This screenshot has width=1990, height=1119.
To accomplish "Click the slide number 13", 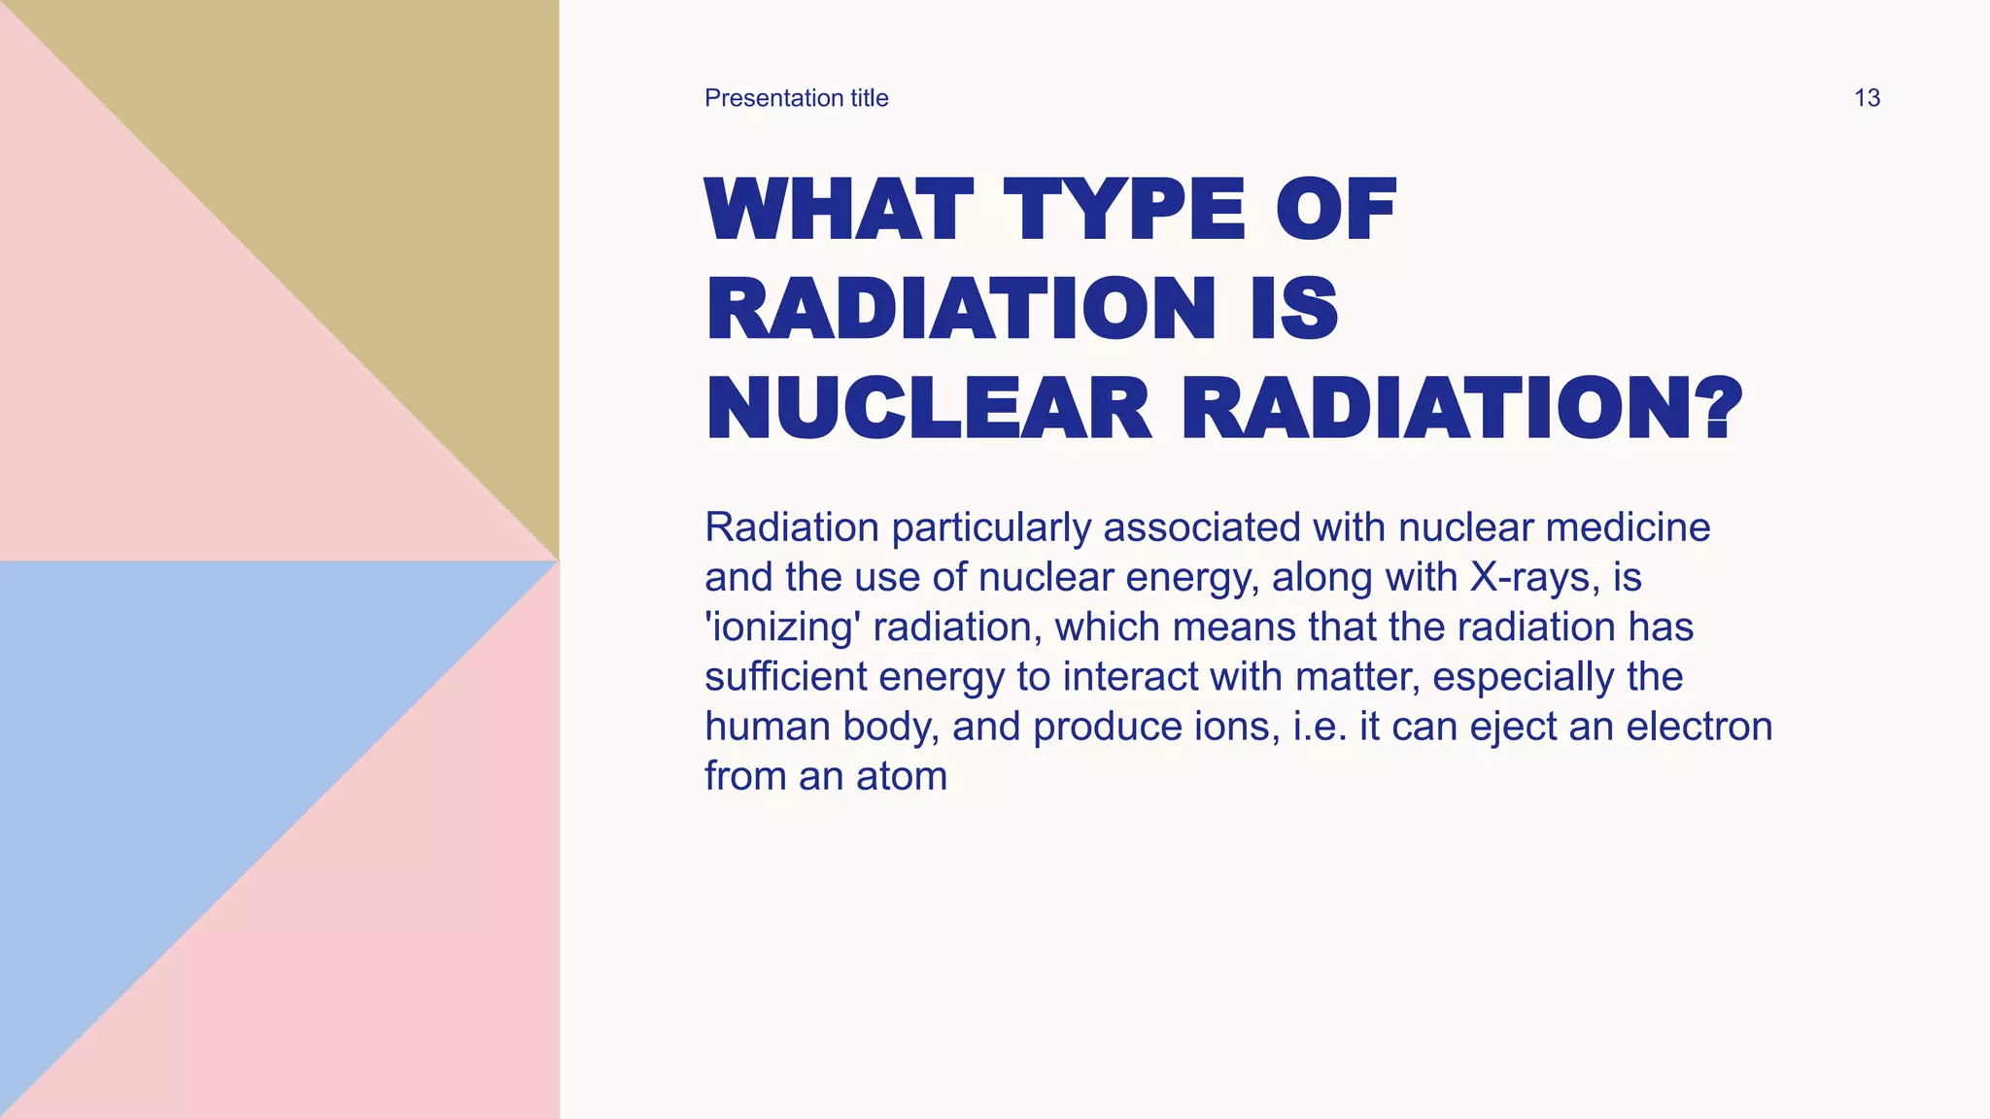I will pyautogui.click(x=1867, y=98).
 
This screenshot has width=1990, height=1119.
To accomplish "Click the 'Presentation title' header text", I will pyautogui.click(x=796, y=98).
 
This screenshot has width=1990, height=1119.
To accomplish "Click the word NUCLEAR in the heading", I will pyautogui.click(x=929, y=409).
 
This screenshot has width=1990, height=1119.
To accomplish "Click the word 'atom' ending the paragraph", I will pyautogui.click(x=901, y=776).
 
